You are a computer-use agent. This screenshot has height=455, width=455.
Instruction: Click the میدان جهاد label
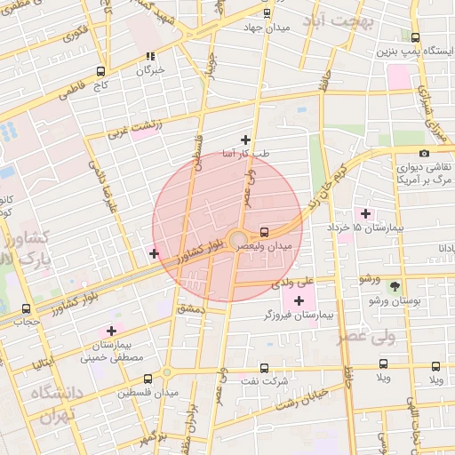coord(267,27)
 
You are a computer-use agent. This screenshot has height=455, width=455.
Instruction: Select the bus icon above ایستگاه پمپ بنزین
coord(416,37)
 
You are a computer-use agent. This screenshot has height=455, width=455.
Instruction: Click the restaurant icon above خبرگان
coord(150,57)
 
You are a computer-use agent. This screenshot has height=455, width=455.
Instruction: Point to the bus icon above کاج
coord(100,72)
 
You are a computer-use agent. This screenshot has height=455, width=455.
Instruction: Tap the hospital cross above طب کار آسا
coord(245,140)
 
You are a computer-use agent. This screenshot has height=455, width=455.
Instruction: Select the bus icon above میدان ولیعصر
coord(265,231)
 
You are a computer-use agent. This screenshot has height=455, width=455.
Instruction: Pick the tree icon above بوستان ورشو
coord(395,287)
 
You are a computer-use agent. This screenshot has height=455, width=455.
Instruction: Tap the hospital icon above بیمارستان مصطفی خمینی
coord(111,331)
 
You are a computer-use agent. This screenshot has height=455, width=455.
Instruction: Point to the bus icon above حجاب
coord(25,308)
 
